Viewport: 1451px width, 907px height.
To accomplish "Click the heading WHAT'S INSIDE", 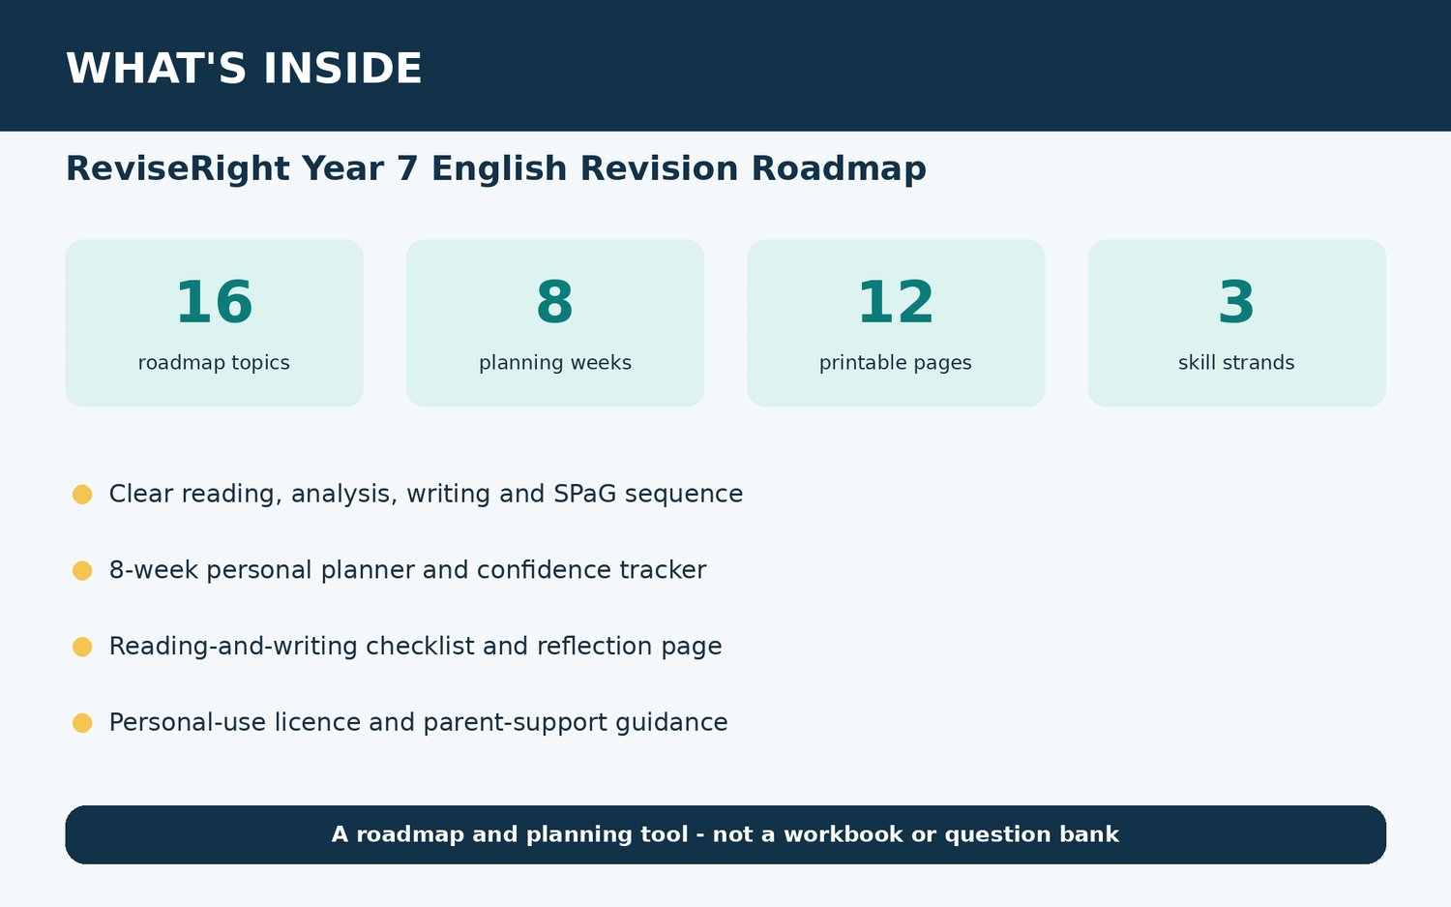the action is point(244,68).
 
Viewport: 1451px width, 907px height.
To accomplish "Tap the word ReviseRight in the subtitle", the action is point(177,168).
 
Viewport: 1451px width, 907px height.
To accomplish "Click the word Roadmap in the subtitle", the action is point(839,169).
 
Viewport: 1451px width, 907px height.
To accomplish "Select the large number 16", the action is point(215,301).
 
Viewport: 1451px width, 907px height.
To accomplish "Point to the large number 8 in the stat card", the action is point(555,301).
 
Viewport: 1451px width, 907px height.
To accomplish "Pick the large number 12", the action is point(896,301).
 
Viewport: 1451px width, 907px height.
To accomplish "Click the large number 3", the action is point(1236,301).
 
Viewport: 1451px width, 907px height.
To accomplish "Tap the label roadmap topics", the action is point(214,362).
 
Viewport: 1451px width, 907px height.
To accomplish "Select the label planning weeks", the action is point(555,362).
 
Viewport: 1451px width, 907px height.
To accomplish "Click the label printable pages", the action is point(896,362).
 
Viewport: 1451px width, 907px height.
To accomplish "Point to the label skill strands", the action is point(1236,362).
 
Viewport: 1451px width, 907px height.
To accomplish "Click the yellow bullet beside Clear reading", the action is point(82,494).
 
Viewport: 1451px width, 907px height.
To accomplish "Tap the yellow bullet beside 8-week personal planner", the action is point(82,570).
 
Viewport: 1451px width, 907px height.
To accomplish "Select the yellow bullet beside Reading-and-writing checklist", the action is point(82,647).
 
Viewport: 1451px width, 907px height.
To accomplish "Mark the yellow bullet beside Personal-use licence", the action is point(82,723).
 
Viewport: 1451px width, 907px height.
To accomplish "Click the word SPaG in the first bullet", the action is point(585,494).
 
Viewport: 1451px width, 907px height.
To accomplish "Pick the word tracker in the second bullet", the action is point(663,570).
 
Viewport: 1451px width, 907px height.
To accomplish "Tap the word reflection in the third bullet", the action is point(595,647).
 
